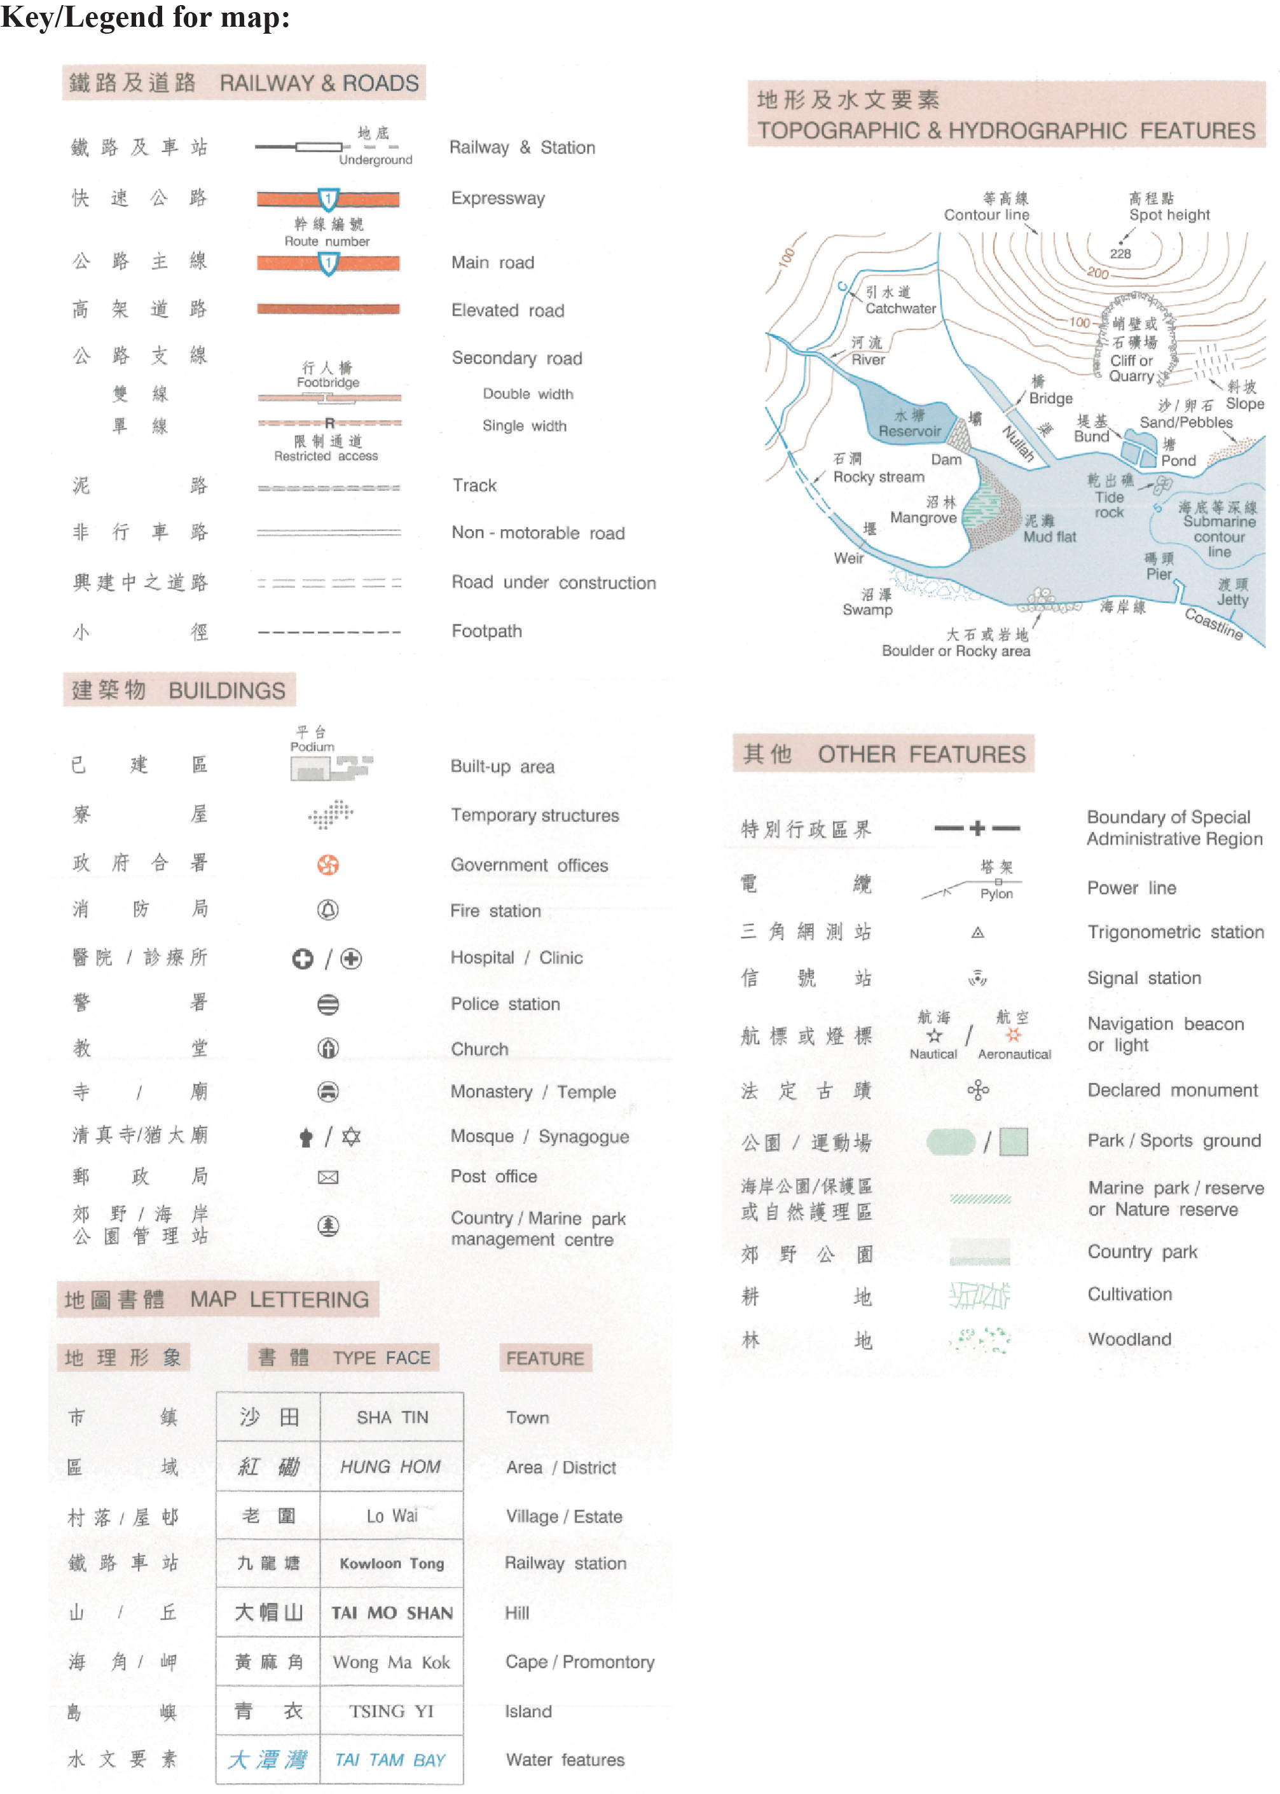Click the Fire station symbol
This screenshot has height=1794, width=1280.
[x=328, y=911]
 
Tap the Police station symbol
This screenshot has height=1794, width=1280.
[x=328, y=1004]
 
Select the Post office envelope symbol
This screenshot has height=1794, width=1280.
[x=328, y=1178]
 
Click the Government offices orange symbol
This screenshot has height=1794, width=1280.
[x=328, y=865]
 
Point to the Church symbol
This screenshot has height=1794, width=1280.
[x=328, y=1048]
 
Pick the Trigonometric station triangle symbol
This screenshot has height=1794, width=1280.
[x=977, y=932]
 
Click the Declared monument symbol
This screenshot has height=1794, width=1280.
[x=978, y=1090]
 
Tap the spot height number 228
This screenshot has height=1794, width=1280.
[x=1120, y=254]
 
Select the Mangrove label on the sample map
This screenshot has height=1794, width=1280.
[x=923, y=518]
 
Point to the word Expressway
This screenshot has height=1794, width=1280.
[x=497, y=198]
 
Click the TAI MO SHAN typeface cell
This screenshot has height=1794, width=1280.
[x=392, y=1613]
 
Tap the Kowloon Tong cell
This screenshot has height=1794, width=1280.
[x=392, y=1564]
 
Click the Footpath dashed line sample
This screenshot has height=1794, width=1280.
[x=329, y=632]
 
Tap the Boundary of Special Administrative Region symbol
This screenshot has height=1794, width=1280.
[x=977, y=827]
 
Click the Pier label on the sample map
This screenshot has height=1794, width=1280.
[x=1159, y=574]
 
